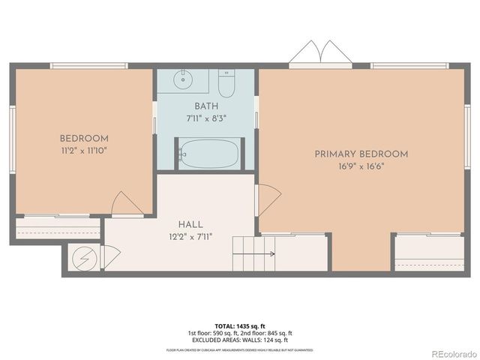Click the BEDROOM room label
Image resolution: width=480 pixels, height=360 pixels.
tap(84, 139)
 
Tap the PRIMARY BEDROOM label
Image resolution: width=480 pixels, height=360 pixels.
tap(361, 154)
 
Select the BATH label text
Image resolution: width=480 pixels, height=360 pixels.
tap(206, 106)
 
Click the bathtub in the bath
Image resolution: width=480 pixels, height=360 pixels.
tap(209, 154)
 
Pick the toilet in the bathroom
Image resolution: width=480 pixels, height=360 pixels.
tap(226, 80)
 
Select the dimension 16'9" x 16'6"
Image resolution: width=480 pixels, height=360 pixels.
tap(361, 166)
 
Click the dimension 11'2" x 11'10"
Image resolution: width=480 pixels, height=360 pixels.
tap(84, 151)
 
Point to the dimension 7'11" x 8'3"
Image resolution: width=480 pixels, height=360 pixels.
tap(206, 118)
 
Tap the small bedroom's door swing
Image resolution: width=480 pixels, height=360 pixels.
tap(125, 204)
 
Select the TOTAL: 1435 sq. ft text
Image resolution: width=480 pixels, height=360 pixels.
tap(240, 326)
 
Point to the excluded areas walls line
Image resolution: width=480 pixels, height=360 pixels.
tap(240, 340)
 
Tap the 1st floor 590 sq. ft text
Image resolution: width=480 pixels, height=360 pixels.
tap(211, 333)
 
